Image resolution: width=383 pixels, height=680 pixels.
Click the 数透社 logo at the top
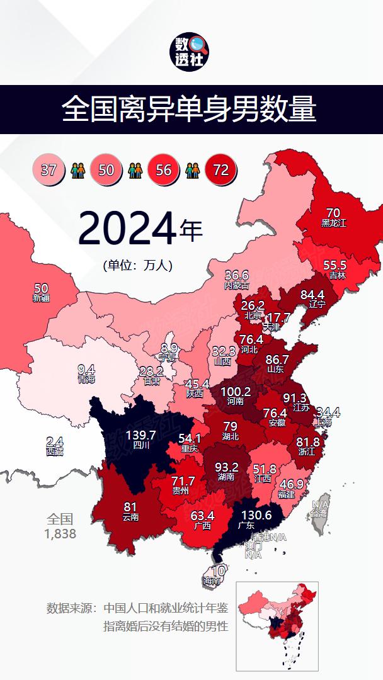(x=191, y=52)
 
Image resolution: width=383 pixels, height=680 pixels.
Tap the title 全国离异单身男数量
(x=189, y=110)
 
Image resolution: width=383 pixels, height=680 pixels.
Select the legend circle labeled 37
(x=49, y=170)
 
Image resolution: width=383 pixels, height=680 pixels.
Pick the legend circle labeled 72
(x=220, y=170)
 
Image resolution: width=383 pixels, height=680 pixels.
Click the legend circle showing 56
(x=163, y=170)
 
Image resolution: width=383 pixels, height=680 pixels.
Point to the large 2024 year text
(x=127, y=229)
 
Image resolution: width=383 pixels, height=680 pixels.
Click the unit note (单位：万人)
(x=138, y=265)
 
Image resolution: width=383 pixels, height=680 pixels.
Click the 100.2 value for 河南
(x=236, y=392)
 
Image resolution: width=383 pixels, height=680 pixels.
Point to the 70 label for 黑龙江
(x=333, y=213)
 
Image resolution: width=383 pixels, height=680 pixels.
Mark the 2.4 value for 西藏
(x=54, y=442)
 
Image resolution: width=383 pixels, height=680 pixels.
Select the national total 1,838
(x=60, y=533)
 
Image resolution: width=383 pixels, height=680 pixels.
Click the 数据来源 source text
(x=137, y=609)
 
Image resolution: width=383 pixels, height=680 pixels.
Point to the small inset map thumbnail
(x=277, y=626)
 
